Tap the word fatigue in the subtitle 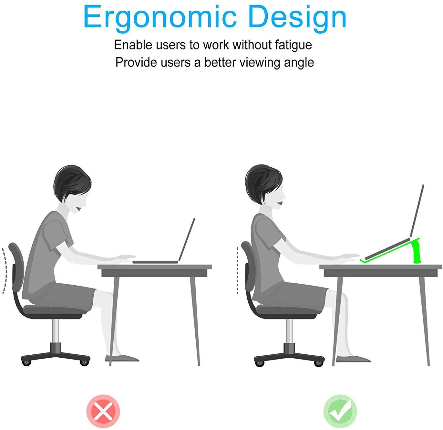click(293, 45)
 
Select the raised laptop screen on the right click(417, 211)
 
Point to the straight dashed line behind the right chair click(237, 271)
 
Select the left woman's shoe click(122, 359)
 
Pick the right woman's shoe click(353, 359)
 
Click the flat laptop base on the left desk click(155, 262)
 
